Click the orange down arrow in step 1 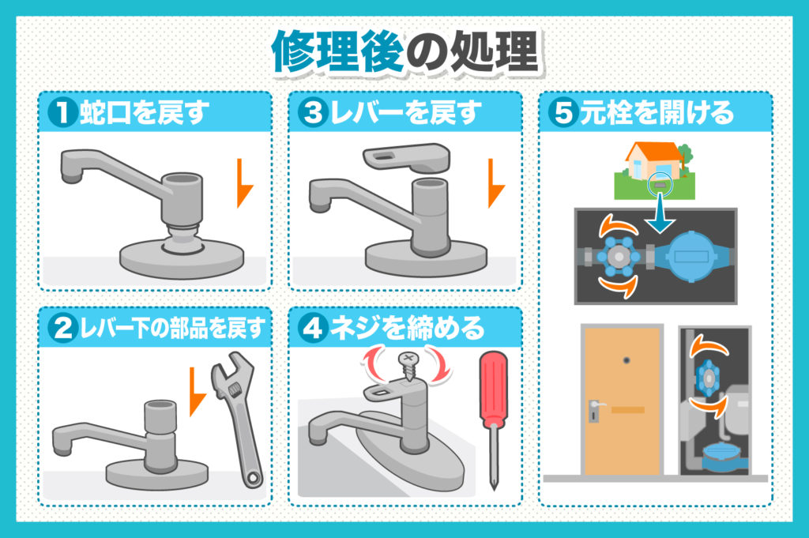(x=245, y=182)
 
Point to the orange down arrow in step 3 (x=495, y=182)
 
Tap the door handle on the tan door (x=594, y=409)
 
